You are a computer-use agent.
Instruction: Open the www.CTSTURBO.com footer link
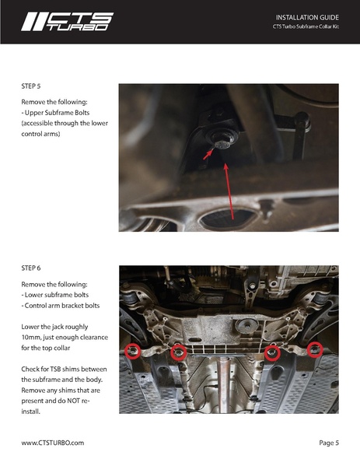(52, 442)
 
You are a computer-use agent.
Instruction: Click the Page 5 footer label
(328, 442)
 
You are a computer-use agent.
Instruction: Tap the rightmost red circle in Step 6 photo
(315, 349)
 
